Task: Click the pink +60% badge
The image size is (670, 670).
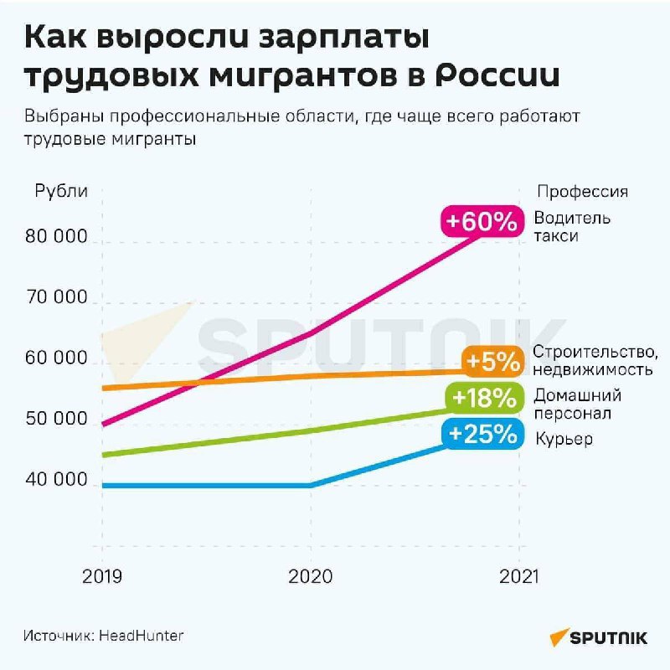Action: [x=483, y=221]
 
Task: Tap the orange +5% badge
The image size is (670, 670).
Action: [x=492, y=362]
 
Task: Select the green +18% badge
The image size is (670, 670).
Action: [x=483, y=398]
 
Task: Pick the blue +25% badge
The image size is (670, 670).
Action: [x=482, y=434]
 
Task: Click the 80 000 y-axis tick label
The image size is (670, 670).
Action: [x=58, y=237]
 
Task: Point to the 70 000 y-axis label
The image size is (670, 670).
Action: [x=58, y=298]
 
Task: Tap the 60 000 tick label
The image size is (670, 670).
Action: [x=58, y=358]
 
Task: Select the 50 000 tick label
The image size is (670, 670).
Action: [x=58, y=420]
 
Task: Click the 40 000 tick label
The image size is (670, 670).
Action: [x=58, y=481]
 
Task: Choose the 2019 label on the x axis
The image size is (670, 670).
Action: [x=102, y=577]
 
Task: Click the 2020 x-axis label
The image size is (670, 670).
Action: [x=311, y=577]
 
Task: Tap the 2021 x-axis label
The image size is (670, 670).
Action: [x=519, y=577]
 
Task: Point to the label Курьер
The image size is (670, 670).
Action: [x=563, y=439]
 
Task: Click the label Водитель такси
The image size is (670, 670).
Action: [x=573, y=227]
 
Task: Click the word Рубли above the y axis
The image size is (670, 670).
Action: [x=61, y=191]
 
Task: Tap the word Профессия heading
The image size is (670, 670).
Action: [x=583, y=191]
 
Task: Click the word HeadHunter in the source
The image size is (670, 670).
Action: [x=142, y=636]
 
